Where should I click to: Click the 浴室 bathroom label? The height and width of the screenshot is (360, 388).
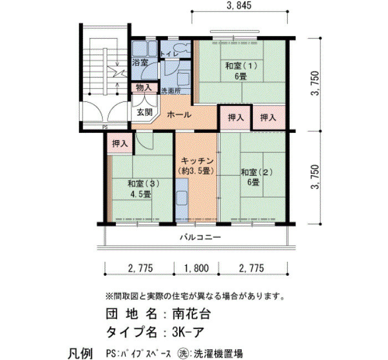(140, 62)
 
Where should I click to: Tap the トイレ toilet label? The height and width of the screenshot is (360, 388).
(169, 54)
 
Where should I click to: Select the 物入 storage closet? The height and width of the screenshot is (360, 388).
(144, 88)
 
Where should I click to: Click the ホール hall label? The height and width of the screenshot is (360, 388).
(179, 115)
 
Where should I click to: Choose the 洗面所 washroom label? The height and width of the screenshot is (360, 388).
(171, 91)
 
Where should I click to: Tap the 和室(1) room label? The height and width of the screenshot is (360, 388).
(241, 66)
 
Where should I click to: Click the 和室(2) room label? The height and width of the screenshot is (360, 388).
(257, 172)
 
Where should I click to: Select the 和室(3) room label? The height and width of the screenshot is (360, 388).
(143, 183)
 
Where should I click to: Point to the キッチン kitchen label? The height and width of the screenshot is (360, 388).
(197, 161)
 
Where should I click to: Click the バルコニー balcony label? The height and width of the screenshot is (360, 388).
(200, 238)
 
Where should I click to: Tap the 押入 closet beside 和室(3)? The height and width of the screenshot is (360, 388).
(120, 143)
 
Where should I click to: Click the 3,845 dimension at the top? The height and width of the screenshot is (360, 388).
(239, 5)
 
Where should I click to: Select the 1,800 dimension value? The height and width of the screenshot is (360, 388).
(197, 268)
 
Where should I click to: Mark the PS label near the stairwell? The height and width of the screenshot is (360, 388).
(105, 127)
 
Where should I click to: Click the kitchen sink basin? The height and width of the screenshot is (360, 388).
(182, 198)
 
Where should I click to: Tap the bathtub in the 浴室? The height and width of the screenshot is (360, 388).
(144, 49)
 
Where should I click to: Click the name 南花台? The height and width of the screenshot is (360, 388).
(191, 314)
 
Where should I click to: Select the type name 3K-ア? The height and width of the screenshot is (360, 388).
(188, 332)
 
